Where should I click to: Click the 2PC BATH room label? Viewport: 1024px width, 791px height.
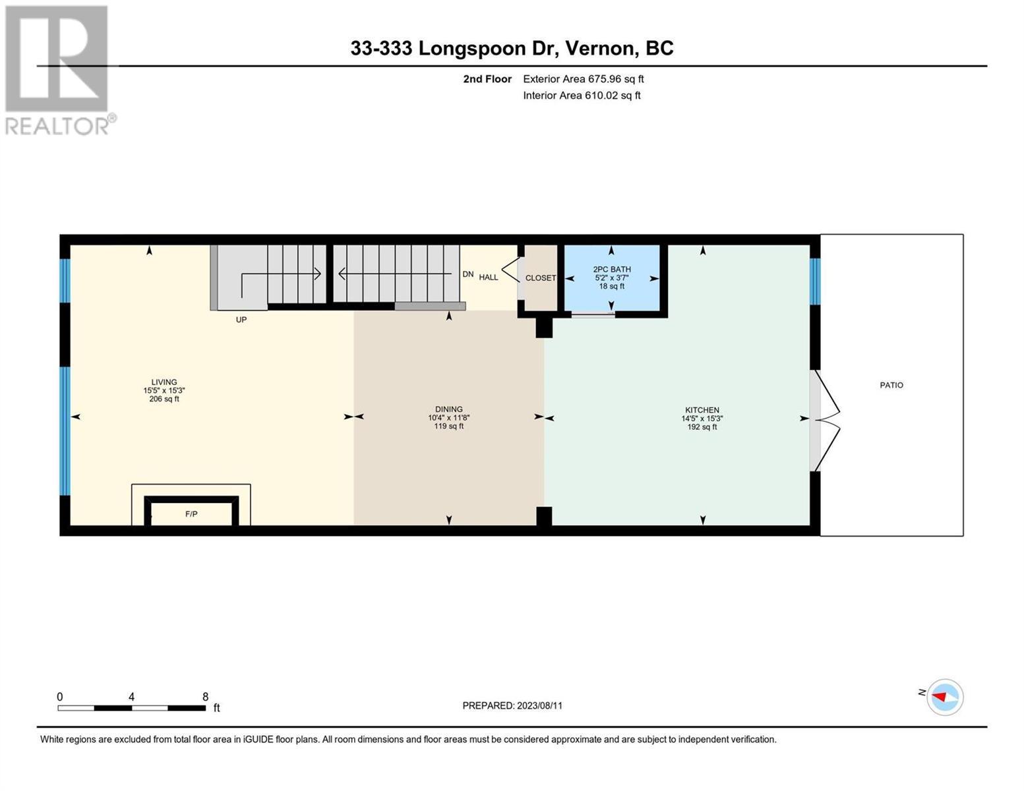pos(612,270)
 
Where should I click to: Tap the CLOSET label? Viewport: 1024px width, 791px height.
pos(541,278)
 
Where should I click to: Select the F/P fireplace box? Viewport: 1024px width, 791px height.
pos(191,511)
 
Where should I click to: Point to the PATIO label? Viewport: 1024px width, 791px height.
pos(891,385)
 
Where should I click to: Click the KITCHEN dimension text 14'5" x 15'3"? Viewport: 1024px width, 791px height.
pos(702,419)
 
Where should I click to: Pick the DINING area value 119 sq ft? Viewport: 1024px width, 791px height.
pos(448,426)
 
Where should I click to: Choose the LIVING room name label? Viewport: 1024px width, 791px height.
pos(164,382)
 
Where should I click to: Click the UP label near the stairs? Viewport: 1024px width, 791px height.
pos(241,320)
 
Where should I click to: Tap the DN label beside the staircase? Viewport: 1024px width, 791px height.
pos(468,274)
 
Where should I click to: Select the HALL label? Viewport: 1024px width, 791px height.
pos(489,277)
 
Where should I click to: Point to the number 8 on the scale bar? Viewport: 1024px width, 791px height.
pos(206,697)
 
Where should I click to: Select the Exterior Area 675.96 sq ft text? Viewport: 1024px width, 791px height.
pos(584,79)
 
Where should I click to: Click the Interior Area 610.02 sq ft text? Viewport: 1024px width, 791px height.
pos(582,95)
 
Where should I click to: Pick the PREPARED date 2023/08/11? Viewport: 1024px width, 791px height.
pos(539,706)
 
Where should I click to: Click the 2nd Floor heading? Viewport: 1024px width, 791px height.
pos(487,79)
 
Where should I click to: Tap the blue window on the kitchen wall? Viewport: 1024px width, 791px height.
pos(815,281)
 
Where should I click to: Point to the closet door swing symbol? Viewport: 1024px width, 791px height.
pos(511,270)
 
